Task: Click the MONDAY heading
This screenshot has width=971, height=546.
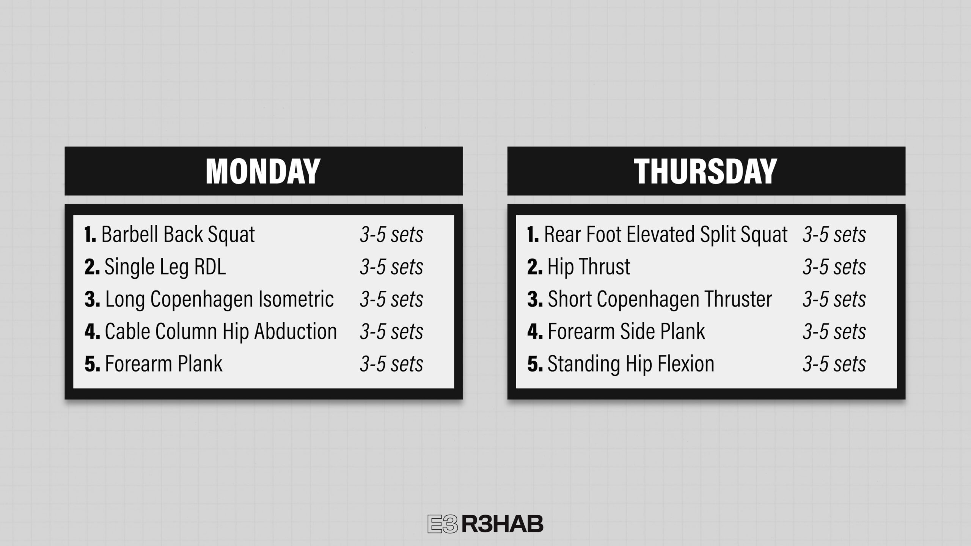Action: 263,171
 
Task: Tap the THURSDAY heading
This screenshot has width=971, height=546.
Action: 705,171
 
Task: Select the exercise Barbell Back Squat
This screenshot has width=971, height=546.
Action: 178,234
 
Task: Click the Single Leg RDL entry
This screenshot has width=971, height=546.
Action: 165,267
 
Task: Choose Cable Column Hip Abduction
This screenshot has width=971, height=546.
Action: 221,331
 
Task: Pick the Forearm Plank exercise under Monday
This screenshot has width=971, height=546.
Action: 163,364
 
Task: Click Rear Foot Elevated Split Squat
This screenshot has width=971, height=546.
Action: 666,234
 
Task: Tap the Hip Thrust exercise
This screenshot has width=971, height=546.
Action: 589,267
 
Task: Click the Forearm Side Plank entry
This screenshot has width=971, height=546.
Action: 626,331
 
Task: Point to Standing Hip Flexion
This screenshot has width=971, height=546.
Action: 631,364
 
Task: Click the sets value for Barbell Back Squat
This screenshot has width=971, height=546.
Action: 391,235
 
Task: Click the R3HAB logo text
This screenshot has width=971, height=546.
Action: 503,524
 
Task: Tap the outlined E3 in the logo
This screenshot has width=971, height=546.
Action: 443,524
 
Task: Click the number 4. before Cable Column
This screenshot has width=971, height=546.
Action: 92,331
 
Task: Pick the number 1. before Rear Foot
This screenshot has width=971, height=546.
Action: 533,234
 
